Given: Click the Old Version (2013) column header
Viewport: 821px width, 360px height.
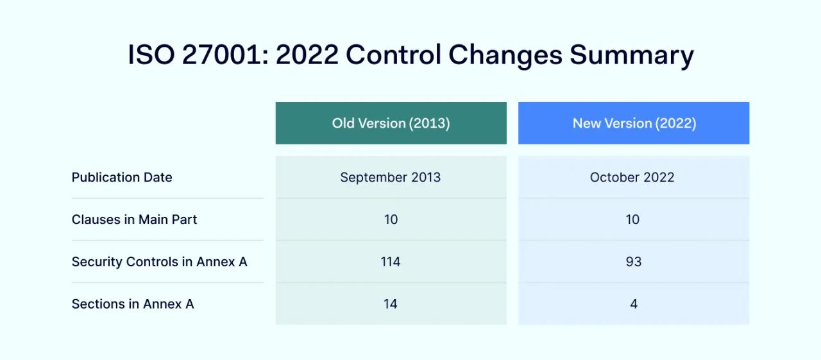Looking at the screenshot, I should (x=391, y=123).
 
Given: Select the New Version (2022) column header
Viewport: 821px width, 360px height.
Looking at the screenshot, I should (x=634, y=123).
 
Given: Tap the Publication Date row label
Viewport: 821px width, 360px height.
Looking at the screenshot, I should (x=122, y=178).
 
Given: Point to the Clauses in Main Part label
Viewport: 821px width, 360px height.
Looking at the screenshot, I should (x=134, y=219).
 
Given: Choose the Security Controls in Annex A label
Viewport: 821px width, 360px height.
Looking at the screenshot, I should (x=159, y=262).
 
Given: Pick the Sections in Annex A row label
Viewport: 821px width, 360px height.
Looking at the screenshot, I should (x=133, y=304).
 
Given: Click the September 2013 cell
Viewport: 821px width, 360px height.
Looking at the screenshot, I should (x=391, y=178).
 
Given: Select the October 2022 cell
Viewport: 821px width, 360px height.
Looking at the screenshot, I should (x=632, y=178).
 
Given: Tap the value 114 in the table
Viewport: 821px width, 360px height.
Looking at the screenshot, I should (x=391, y=262).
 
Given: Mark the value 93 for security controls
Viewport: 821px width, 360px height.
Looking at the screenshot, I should (x=633, y=262).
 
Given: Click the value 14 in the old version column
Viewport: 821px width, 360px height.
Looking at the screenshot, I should (x=391, y=304).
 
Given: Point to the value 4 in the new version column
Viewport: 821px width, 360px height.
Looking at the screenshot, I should (x=634, y=304).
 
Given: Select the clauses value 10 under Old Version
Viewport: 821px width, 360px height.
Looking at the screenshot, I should (x=391, y=219).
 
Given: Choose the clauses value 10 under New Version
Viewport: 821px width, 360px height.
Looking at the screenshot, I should (x=633, y=219).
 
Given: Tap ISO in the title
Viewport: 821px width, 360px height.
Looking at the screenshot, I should (x=151, y=55).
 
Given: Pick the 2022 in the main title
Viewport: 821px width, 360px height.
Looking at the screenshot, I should (x=307, y=55).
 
